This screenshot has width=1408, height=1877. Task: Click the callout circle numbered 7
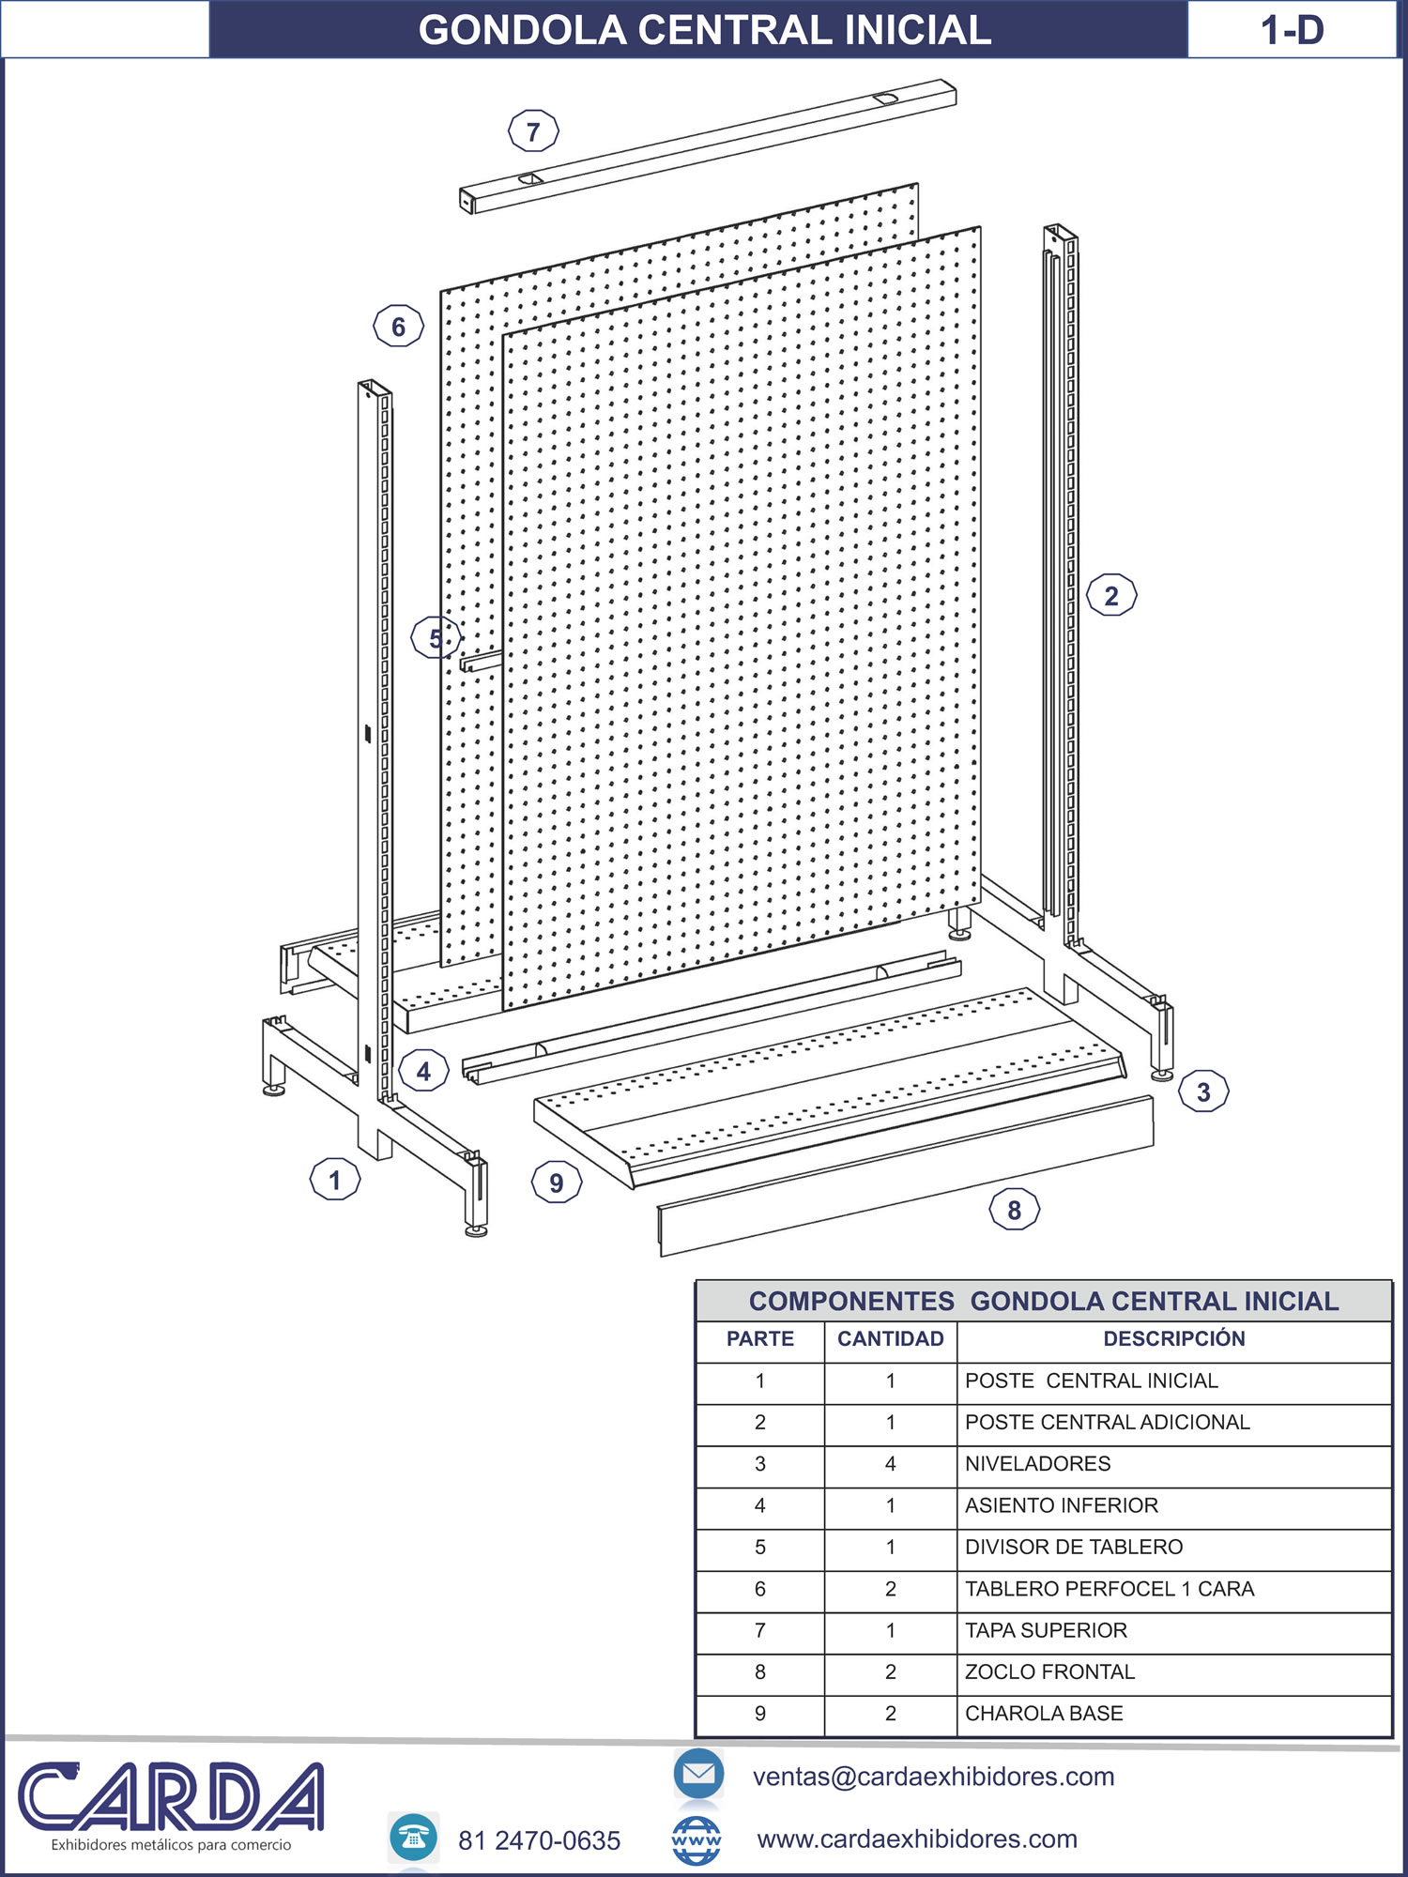pyautogui.click(x=533, y=131)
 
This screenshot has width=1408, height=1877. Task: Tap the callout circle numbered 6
pyautogui.click(x=398, y=327)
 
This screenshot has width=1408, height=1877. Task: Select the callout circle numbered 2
pyautogui.click(x=1111, y=595)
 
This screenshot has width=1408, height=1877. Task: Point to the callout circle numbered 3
pyautogui.click(x=1203, y=1091)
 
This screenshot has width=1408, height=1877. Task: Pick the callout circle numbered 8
pyautogui.click(x=1015, y=1210)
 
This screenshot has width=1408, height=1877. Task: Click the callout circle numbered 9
pyautogui.click(x=557, y=1183)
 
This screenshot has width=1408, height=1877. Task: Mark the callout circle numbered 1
pyautogui.click(x=335, y=1180)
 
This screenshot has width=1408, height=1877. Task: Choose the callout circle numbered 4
pyautogui.click(x=423, y=1071)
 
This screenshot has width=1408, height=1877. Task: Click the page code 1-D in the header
pyautogui.click(x=1292, y=30)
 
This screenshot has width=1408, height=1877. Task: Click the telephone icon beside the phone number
pyautogui.click(x=413, y=1838)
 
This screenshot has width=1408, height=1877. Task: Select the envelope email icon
pyautogui.click(x=698, y=1774)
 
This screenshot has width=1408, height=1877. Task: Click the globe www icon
pyautogui.click(x=696, y=1840)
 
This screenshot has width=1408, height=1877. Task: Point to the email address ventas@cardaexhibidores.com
pyautogui.click(x=933, y=1777)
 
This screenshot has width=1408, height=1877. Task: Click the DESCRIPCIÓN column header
pyautogui.click(x=1174, y=1339)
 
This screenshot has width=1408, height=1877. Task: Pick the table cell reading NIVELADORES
pyautogui.click(x=1037, y=1464)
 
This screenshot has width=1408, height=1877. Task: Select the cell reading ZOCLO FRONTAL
pyautogui.click(x=1049, y=1672)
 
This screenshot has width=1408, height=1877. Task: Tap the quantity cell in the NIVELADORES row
pyautogui.click(x=891, y=1464)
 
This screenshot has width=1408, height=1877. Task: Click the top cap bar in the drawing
pyautogui.click(x=708, y=145)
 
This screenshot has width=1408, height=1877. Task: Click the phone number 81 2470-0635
pyautogui.click(x=539, y=1840)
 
